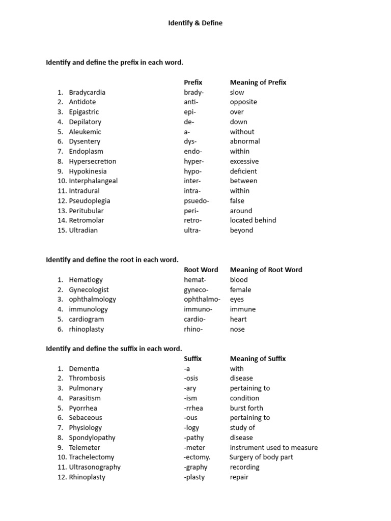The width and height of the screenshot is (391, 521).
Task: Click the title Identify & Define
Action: click(195, 23)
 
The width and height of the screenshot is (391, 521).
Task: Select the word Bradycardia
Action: click(87, 92)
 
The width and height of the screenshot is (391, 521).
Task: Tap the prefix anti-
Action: click(192, 102)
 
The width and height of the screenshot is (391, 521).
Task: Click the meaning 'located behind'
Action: click(253, 220)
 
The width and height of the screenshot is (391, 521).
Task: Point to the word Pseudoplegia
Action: click(90, 200)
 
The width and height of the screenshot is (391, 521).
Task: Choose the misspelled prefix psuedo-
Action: click(197, 200)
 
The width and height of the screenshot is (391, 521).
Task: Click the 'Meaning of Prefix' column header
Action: click(258, 82)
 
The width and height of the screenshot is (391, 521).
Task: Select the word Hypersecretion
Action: click(93, 161)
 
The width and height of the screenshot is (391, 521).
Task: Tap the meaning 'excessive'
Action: click(244, 161)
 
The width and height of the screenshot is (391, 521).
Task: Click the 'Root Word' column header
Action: click(201, 270)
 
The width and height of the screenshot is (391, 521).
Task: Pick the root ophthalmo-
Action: click(202, 299)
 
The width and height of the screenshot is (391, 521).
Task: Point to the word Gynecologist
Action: click(89, 290)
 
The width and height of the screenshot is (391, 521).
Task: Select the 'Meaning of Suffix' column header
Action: click(258, 359)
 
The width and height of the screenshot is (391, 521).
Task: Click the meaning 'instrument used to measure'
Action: click(274, 448)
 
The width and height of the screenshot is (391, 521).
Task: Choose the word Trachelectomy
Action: click(92, 457)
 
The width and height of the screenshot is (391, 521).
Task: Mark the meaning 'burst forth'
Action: click(246, 408)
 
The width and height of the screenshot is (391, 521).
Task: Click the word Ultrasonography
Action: click(95, 467)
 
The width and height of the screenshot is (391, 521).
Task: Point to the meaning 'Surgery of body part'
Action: click(261, 457)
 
